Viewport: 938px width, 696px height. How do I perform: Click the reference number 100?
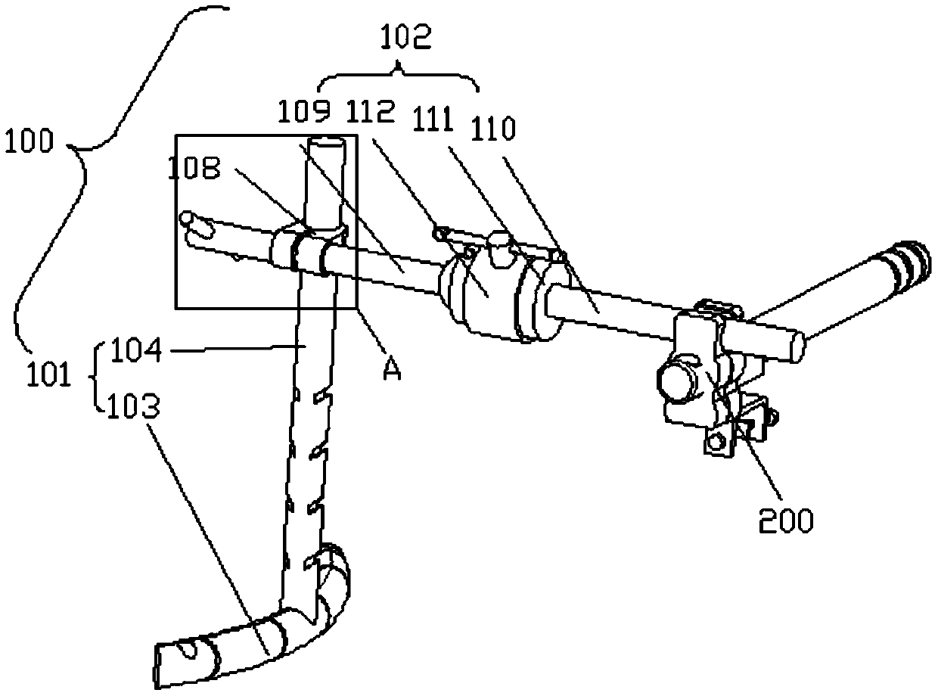click(x=28, y=141)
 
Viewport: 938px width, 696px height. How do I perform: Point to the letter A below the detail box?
click(x=390, y=371)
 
